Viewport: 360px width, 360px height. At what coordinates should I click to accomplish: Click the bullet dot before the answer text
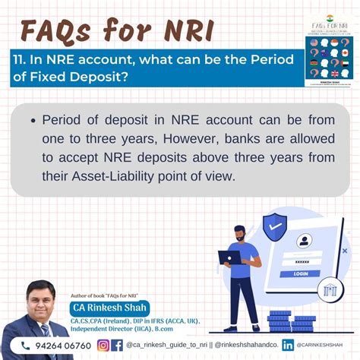coord(32,121)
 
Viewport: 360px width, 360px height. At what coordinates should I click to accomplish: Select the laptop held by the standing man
coord(229,257)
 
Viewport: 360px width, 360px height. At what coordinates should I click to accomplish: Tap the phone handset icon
coord(26,346)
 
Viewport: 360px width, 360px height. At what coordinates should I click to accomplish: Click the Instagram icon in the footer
coord(103,346)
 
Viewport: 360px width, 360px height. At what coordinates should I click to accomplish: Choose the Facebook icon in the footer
coord(117,346)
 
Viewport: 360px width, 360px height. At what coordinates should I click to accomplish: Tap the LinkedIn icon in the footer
coord(288,346)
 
